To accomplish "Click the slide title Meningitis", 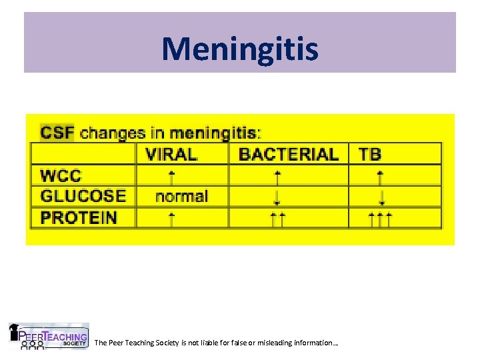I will pyautogui.click(x=240, y=49).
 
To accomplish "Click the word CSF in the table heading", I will pyautogui.click(x=57, y=132).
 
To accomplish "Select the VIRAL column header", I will pyautogui.click(x=171, y=154).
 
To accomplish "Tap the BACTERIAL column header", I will pyautogui.click(x=288, y=154).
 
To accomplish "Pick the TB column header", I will pyautogui.click(x=370, y=154).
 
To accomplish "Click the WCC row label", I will pyautogui.click(x=61, y=176).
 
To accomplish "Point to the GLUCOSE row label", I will pyautogui.click(x=83, y=196).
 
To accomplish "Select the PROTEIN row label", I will pyautogui.click(x=79, y=217).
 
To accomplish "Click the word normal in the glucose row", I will pyautogui.click(x=181, y=196).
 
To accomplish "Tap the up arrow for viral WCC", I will pyautogui.click(x=172, y=176).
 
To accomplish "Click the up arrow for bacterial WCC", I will pyautogui.click(x=278, y=176).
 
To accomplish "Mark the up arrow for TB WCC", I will pyautogui.click(x=380, y=176).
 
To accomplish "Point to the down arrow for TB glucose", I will pyautogui.click(x=381, y=197).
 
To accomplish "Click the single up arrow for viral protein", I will pyautogui.click(x=172, y=218).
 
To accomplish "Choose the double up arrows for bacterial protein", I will pyautogui.click(x=278, y=218).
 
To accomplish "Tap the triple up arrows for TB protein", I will pyautogui.click(x=380, y=218).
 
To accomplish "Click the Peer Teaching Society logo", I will pyautogui.click(x=48, y=337).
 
